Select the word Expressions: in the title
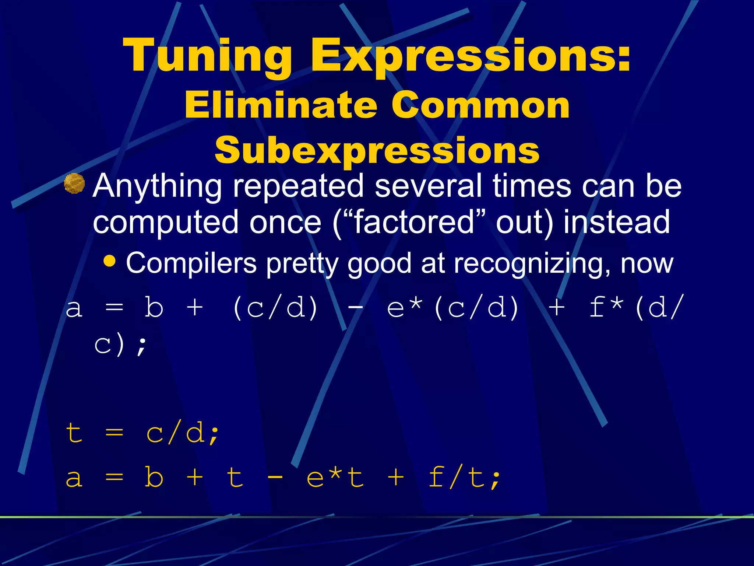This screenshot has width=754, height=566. [x=470, y=55]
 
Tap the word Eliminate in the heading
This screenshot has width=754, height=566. [x=281, y=105]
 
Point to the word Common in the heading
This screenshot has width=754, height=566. [x=480, y=105]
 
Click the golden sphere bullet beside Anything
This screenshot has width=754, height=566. [x=74, y=183]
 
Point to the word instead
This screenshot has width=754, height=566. [x=617, y=222]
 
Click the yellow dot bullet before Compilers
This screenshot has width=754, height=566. [x=109, y=261]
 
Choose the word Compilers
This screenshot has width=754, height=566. [x=191, y=264]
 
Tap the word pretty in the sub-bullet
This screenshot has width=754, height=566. [x=302, y=264]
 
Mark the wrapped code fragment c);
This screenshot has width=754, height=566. [x=120, y=345]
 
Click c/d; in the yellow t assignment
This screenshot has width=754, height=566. [x=183, y=433]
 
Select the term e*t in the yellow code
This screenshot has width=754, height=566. [x=335, y=477]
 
